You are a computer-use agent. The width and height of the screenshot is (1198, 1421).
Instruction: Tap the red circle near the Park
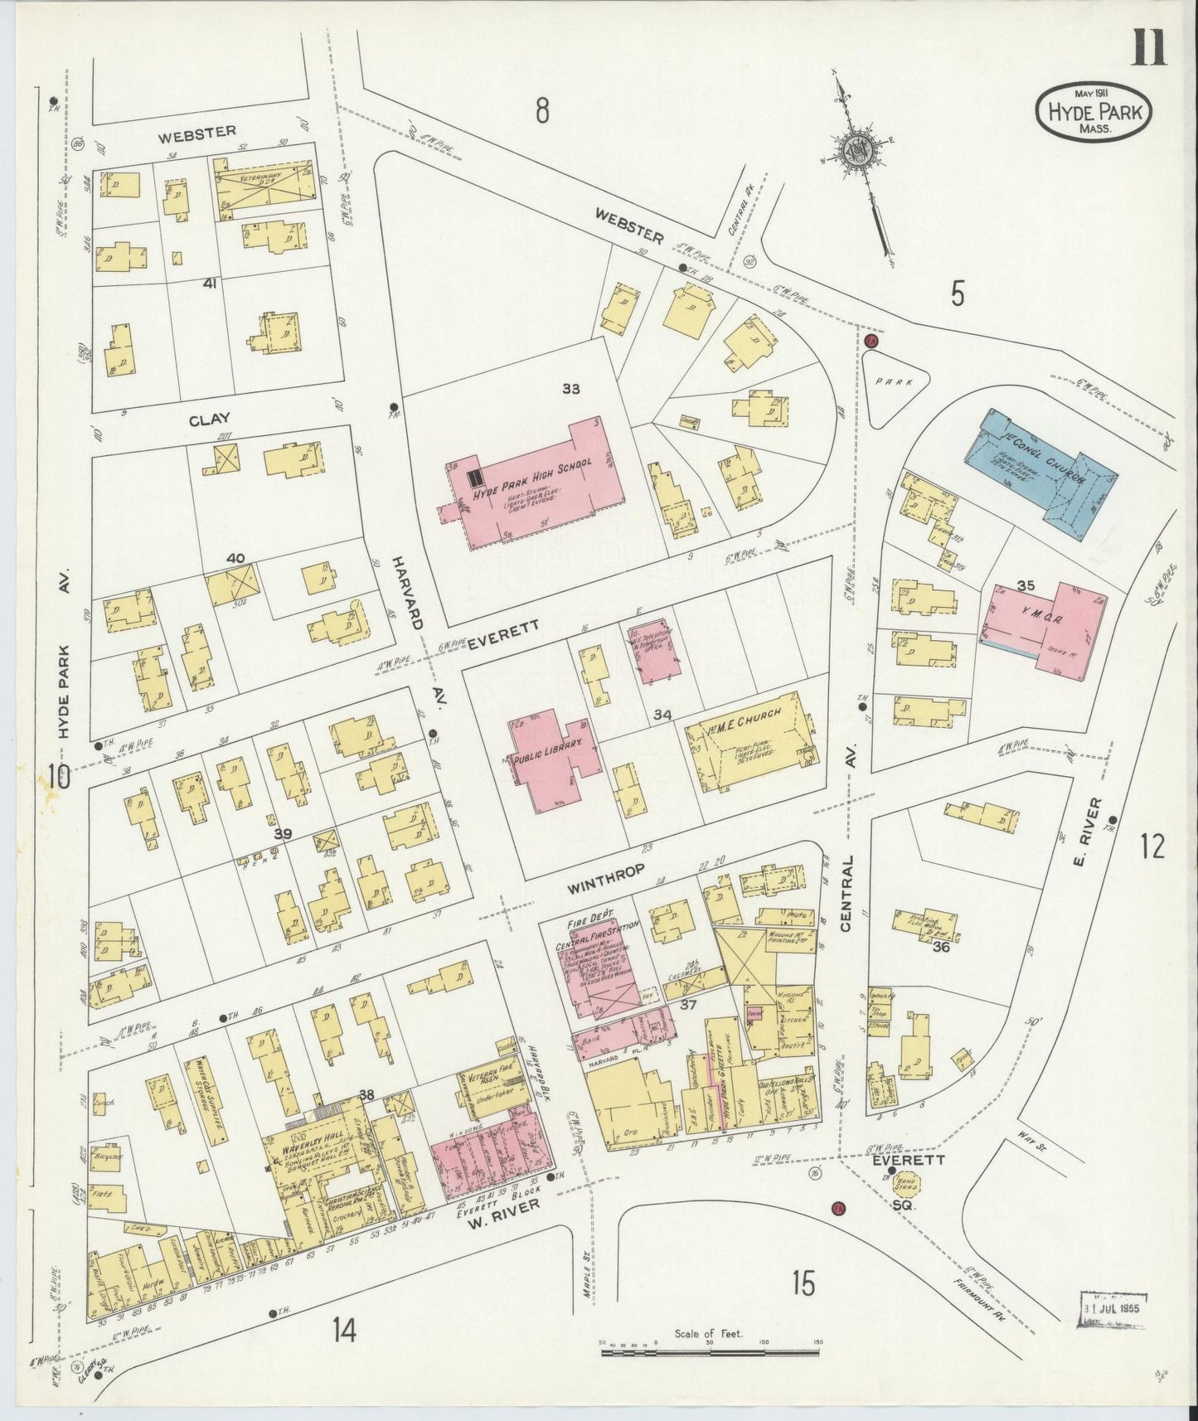871,341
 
